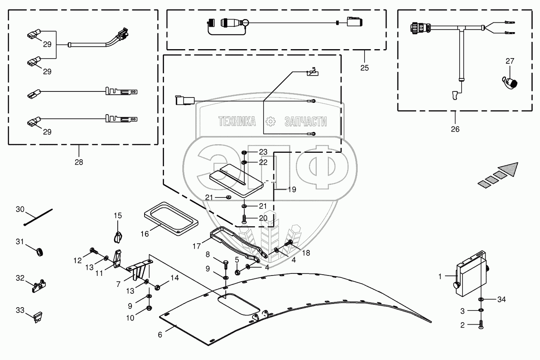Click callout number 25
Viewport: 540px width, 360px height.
(364, 68)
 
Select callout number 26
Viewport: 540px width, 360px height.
(455, 129)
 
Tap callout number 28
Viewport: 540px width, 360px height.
(78, 162)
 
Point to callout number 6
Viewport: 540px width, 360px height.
(160, 335)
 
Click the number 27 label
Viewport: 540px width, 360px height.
(510, 61)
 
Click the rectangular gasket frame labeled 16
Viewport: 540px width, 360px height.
(171, 217)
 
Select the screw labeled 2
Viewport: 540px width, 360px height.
(481, 325)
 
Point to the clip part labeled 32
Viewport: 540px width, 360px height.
(39, 286)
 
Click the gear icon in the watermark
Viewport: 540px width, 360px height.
(270, 121)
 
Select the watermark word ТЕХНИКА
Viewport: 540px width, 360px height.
(237, 121)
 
